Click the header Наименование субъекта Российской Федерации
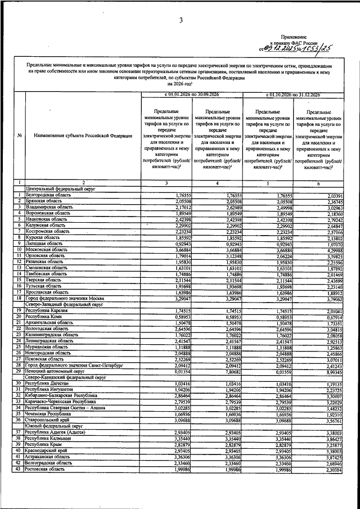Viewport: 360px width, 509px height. pos(83,136)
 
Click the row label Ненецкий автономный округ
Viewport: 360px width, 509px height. pos(54,372)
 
